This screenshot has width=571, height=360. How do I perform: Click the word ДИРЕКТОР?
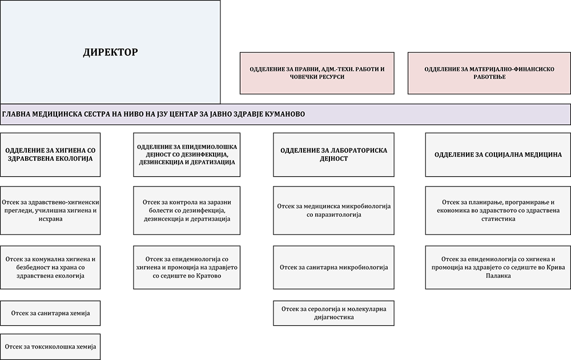(110, 52)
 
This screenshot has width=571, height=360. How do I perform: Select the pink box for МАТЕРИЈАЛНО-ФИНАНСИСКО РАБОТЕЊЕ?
(489, 73)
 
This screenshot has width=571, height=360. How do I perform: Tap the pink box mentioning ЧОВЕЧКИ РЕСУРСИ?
(317, 73)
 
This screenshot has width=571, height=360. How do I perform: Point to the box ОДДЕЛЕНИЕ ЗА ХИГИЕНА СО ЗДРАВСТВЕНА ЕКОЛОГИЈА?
(50, 155)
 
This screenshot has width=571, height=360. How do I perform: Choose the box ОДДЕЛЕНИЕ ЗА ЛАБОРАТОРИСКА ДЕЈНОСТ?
(333, 155)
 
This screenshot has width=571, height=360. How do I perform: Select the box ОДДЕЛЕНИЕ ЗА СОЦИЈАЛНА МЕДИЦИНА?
(498, 155)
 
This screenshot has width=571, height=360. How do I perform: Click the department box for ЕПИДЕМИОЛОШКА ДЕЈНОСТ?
(187, 155)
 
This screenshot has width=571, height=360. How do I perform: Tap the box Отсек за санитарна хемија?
(50, 313)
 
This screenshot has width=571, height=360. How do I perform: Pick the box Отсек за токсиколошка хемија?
(50, 346)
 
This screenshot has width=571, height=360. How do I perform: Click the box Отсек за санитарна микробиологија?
(333, 267)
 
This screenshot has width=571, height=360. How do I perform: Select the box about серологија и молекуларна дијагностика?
(333, 313)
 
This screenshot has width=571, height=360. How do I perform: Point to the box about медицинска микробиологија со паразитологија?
(333, 211)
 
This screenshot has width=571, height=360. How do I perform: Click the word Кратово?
(208, 276)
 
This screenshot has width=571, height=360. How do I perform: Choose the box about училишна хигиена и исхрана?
(50, 211)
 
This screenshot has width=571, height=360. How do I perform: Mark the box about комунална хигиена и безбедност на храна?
(50, 267)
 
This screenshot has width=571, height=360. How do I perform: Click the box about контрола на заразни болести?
(187, 211)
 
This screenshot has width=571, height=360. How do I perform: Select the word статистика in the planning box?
(498, 219)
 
